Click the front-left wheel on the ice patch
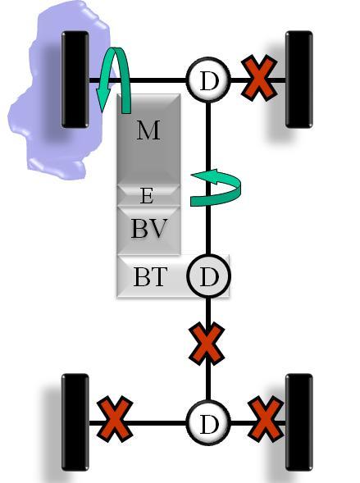(x=75, y=80)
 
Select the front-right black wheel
(x=299, y=80)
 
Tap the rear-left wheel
(x=75, y=422)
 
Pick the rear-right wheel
(x=299, y=422)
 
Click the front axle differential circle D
(x=208, y=80)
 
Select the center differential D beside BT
(x=208, y=276)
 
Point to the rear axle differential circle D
(x=208, y=422)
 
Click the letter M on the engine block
(x=148, y=130)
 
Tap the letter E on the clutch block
(x=147, y=196)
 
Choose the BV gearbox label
(x=149, y=228)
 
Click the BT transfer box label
(x=150, y=277)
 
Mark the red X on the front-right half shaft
(x=259, y=78)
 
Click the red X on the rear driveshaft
(x=207, y=344)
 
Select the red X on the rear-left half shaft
(x=115, y=419)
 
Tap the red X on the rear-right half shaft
(x=266, y=419)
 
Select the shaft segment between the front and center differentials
(x=208, y=178)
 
